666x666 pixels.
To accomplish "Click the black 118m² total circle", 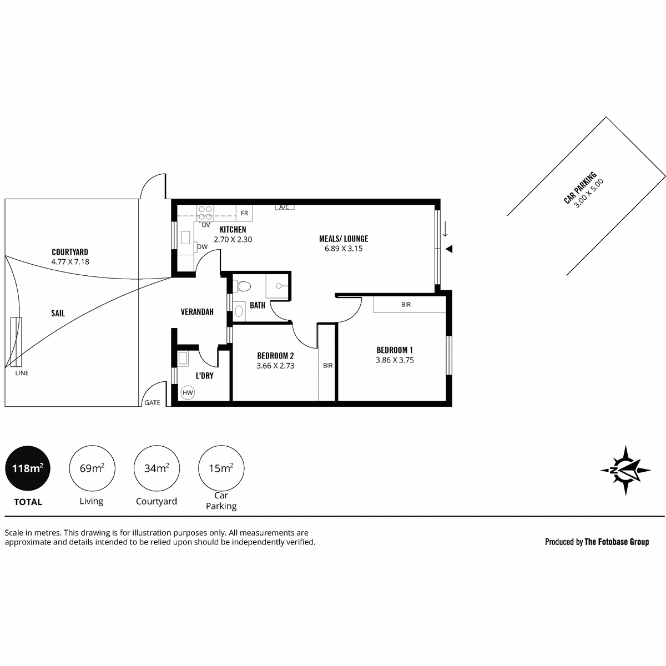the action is pos(28,468).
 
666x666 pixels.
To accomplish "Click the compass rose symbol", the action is pos(625,470).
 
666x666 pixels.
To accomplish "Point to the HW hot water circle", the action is pos(188,392).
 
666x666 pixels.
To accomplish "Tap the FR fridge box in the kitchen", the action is pos(244,213).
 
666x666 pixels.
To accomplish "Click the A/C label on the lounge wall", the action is pos(285,208).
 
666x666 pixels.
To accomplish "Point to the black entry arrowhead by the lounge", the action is pos(449,249).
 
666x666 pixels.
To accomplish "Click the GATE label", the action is pos(153,402).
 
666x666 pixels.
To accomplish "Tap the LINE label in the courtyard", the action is pos(22,373).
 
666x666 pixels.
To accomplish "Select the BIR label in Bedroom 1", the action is pos(406,305).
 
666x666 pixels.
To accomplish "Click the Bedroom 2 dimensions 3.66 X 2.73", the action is pos(275,366).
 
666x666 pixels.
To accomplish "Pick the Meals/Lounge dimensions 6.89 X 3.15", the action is pos(344,249).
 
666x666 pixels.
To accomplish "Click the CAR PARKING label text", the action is pos(580,188).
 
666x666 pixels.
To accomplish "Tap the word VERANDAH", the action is pos(197,312).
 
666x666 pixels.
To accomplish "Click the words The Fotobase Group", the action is pos(617,542).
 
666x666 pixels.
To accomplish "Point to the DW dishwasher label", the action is pos(202,247).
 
